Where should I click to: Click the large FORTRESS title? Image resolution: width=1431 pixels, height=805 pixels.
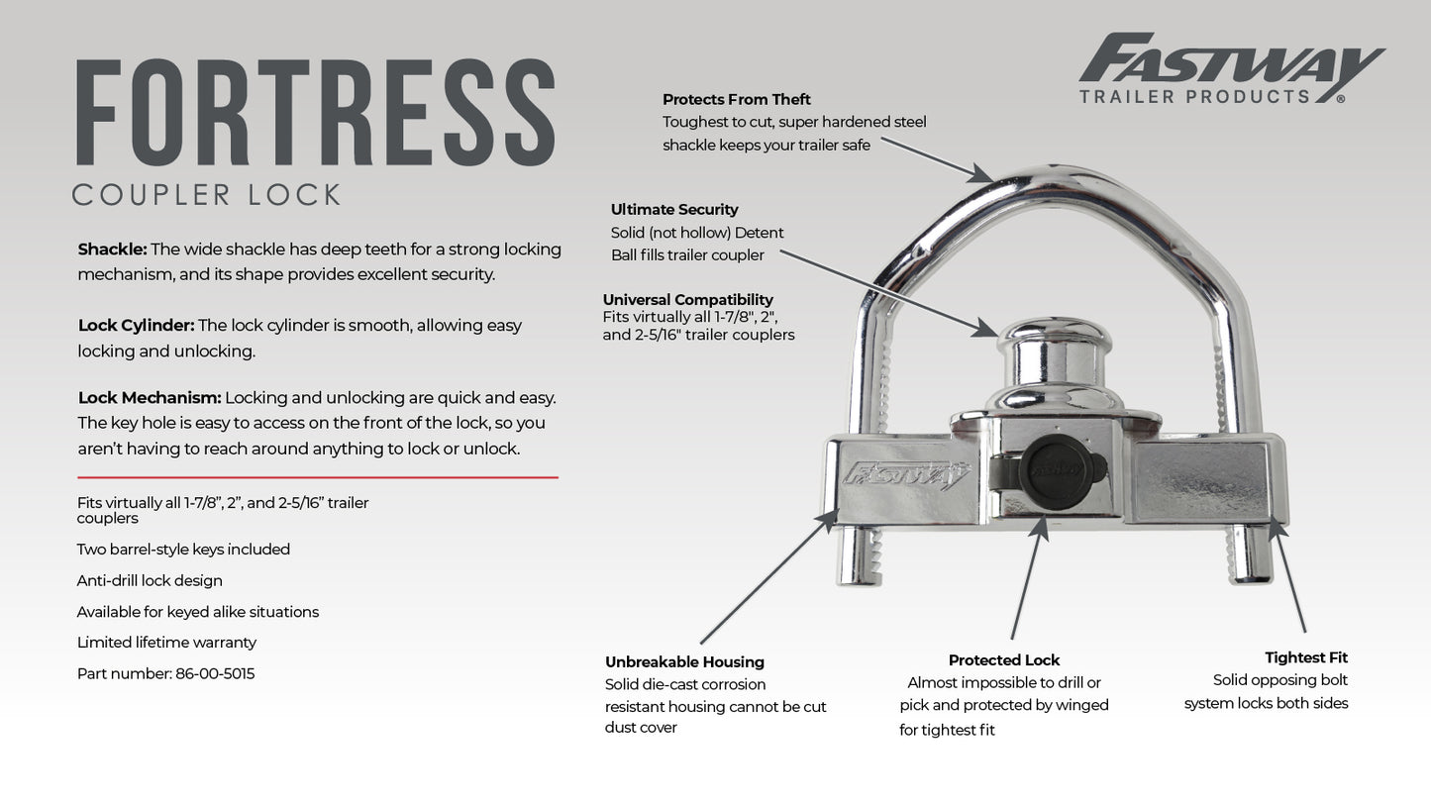(x=315, y=112)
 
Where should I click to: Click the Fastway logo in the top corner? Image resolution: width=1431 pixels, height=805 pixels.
(x=1230, y=68)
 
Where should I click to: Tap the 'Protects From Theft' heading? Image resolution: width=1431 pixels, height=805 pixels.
(x=736, y=99)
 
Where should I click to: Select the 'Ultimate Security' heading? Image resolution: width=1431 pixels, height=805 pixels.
(x=673, y=209)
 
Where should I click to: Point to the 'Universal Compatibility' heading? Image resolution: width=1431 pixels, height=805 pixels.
(x=687, y=299)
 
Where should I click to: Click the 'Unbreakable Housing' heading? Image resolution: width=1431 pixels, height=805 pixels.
(x=684, y=661)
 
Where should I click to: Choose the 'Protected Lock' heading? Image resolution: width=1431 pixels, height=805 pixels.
(x=1003, y=659)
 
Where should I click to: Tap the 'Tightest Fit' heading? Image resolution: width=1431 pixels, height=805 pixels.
(x=1305, y=657)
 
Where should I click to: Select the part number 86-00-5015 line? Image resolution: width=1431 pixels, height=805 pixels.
(x=165, y=673)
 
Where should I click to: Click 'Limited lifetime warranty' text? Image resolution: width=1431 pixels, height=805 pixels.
(x=166, y=642)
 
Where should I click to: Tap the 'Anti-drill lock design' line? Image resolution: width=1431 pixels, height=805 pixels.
(x=150, y=580)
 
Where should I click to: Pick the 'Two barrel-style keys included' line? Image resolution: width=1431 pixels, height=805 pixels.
(x=183, y=549)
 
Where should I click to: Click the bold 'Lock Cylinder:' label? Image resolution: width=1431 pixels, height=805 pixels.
(x=136, y=325)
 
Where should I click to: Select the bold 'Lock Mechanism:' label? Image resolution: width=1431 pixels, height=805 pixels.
(x=150, y=397)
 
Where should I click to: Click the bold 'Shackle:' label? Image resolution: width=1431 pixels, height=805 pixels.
(x=112, y=249)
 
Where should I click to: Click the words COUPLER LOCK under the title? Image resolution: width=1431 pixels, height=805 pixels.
(x=206, y=194)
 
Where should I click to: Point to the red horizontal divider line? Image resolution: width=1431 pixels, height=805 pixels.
(x=317, y=477)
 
